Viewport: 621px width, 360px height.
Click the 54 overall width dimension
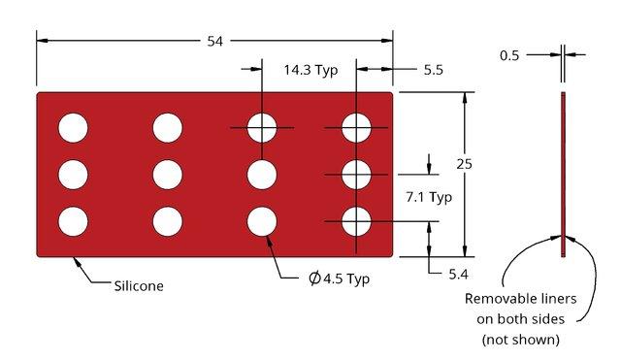[215, 41]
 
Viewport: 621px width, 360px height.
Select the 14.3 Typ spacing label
[310, 70]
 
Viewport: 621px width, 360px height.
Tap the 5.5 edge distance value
[434, 70]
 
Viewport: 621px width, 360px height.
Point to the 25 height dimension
[464, 164]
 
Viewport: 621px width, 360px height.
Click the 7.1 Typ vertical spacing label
[429, 197]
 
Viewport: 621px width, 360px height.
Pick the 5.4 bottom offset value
[459, 274]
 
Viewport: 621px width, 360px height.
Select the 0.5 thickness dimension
[509, 55]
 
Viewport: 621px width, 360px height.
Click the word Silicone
[139, 286]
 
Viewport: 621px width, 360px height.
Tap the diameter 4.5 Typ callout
[339, 278]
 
